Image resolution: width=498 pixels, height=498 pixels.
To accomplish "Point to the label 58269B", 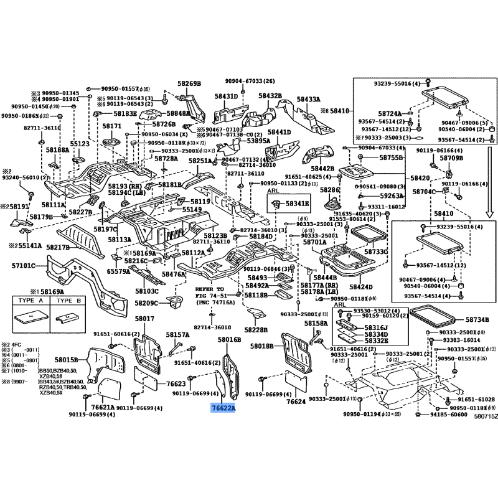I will click(x=189, y=83).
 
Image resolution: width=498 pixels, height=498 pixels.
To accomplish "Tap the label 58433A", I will click(x=308, y=99).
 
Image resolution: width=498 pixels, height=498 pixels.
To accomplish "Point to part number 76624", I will click(x=296, y=402).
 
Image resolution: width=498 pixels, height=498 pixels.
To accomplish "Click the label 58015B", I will click(x=66, y=360).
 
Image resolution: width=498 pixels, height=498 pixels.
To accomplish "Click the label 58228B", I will click(x=255, y=330).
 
